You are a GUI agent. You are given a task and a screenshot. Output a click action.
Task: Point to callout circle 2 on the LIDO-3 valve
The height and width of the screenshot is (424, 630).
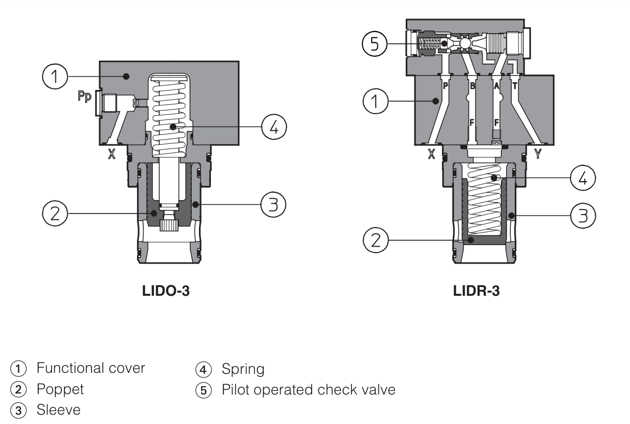point(55,213)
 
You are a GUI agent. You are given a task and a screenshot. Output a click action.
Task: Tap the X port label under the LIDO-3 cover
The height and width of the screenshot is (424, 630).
point(111,154)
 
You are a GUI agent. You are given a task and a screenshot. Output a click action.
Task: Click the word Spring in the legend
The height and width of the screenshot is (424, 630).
point(243,369)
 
